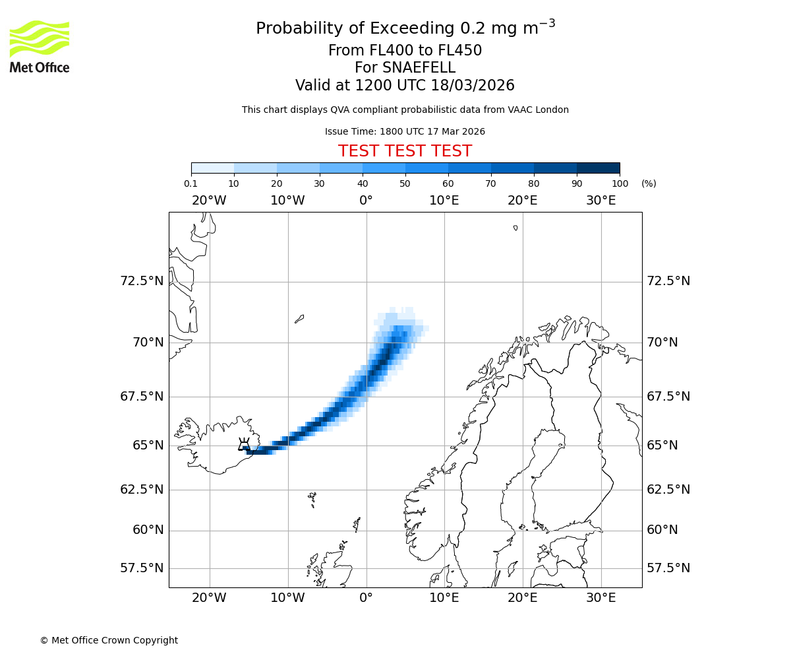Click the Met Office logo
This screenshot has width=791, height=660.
click(x=40, y=46)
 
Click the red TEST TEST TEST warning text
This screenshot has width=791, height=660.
click(x=405, y=152)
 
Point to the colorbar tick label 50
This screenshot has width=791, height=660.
click(x=405, y=183)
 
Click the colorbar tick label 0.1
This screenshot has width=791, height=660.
click(x=190, y=183)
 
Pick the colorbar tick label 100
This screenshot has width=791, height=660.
click(x=620, y=183)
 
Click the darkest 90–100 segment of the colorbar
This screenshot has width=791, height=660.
click(x=598, y=168)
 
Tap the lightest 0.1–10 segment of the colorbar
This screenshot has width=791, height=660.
click(x=212, y=168)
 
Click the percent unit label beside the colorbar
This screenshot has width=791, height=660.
click(x=649, y=183)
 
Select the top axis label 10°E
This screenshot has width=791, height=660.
click(x=444, y=201)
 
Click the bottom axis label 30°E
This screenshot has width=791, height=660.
click(x=601, y=598)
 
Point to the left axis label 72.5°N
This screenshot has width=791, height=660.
click(x=142, y=281)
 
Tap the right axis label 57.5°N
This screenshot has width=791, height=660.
click(x=668, y=568)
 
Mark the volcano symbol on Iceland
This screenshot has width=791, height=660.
click(x=244, y=444)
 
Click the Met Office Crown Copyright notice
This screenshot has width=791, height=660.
click(x=109, y=640)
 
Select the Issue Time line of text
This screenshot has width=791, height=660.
click(x=405, y=132)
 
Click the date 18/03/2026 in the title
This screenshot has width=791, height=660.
click(x=473, y=86)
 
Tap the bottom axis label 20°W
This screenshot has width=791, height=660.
click(x=209, y=598)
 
